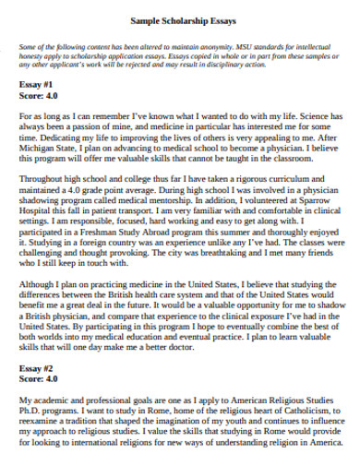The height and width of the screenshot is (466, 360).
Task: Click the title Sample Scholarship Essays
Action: click(x=180, y=18)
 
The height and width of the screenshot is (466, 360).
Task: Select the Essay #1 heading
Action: click(x=36, y=83)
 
